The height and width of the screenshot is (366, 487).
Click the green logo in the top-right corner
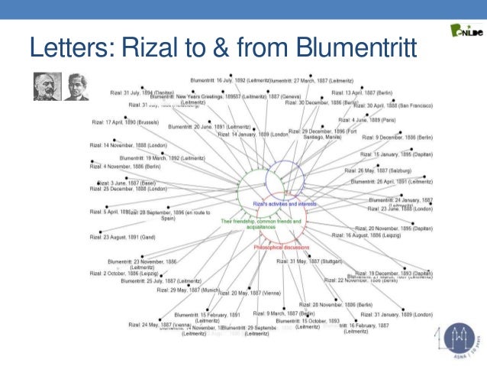click(466, 31)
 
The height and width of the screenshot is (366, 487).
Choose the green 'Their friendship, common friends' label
click(261, 224)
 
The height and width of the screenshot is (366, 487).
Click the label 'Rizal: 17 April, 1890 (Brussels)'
click(125, 121)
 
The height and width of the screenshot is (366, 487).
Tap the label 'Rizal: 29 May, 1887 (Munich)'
click(188, 290)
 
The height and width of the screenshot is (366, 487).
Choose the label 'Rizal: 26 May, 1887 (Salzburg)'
click(373, 170)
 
